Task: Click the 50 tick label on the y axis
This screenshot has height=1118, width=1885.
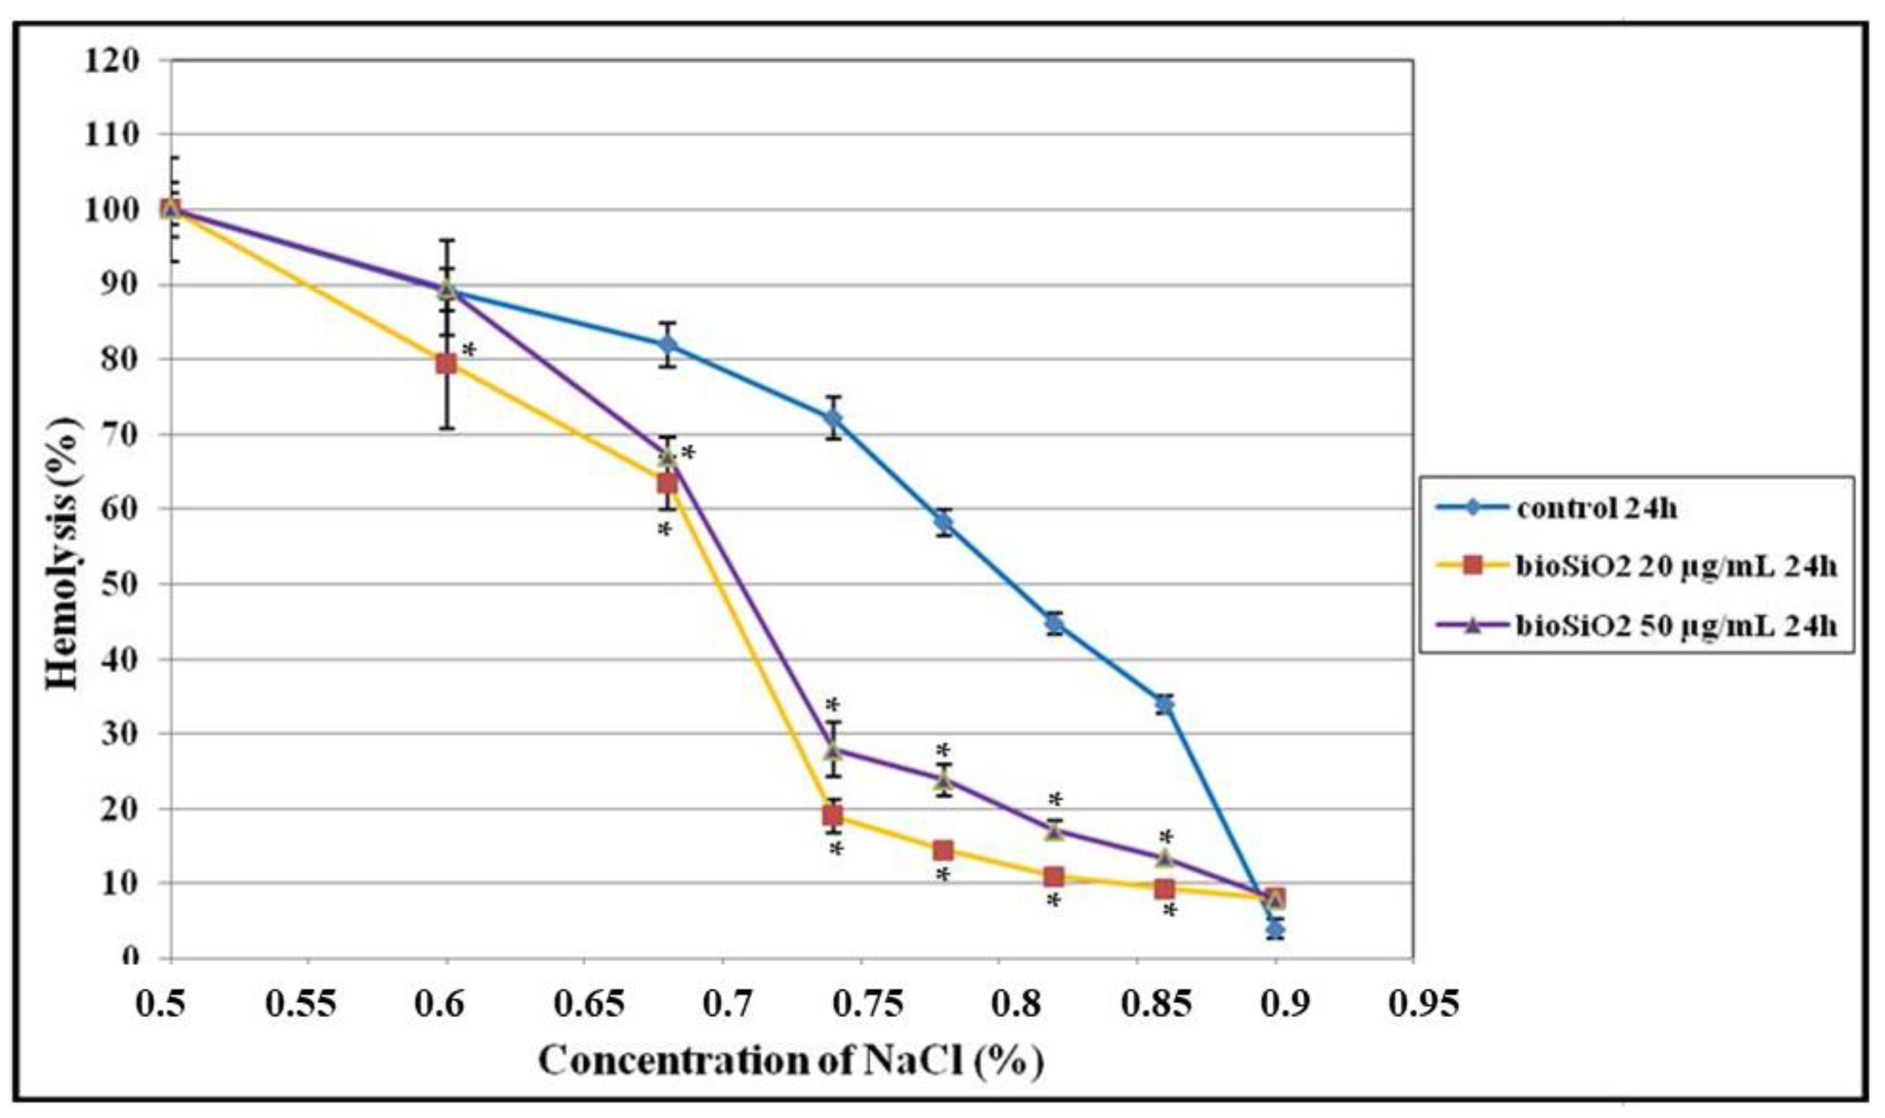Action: (x=120, y=584)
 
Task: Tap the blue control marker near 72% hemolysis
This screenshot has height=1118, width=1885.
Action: (x=833, y=418)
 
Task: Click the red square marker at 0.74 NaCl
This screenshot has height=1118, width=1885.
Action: (x=833, y=816)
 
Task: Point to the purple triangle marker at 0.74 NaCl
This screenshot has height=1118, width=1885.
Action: (x=833, y=750)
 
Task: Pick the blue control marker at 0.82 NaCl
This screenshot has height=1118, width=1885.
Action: (x=1054, y=623)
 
